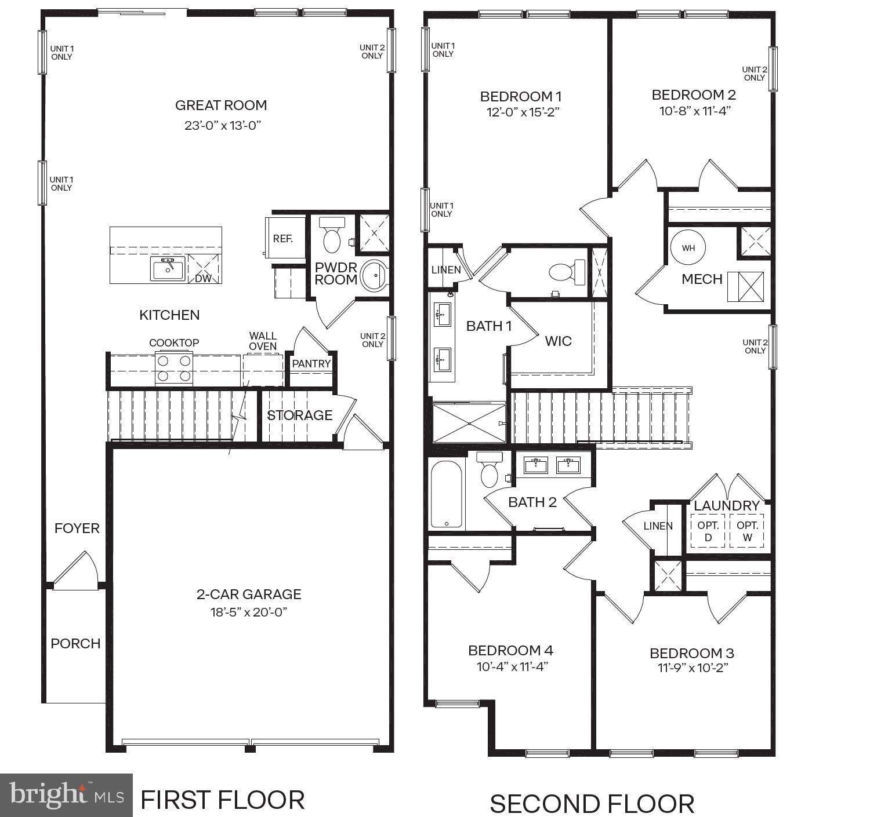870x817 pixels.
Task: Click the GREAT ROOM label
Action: pos(221,105)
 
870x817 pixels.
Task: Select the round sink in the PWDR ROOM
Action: pos(374,276)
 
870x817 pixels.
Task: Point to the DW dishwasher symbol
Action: pos(203,270)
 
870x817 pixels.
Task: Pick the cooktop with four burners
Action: pos(174,369)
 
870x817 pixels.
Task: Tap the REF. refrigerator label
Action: pos(283,239)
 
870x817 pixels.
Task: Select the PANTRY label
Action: pos(311,364)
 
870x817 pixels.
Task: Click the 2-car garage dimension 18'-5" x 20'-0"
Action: pos(249,612)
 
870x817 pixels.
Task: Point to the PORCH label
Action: pos(75,644)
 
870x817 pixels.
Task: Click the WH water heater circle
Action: pos(688,248)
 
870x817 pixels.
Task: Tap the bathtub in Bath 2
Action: pos(447,494)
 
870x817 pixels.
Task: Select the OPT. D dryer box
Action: pos(708,531)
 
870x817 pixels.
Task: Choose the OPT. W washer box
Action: pos(747,531)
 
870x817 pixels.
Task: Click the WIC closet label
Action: pos(558,341)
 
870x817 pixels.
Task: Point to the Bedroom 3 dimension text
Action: pos(691,668)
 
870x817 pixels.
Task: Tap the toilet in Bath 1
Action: pos(567,272)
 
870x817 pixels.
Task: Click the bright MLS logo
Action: pos(66,795)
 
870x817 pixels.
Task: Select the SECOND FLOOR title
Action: pos(592,804)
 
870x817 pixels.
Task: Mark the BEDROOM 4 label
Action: pos(510,650)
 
